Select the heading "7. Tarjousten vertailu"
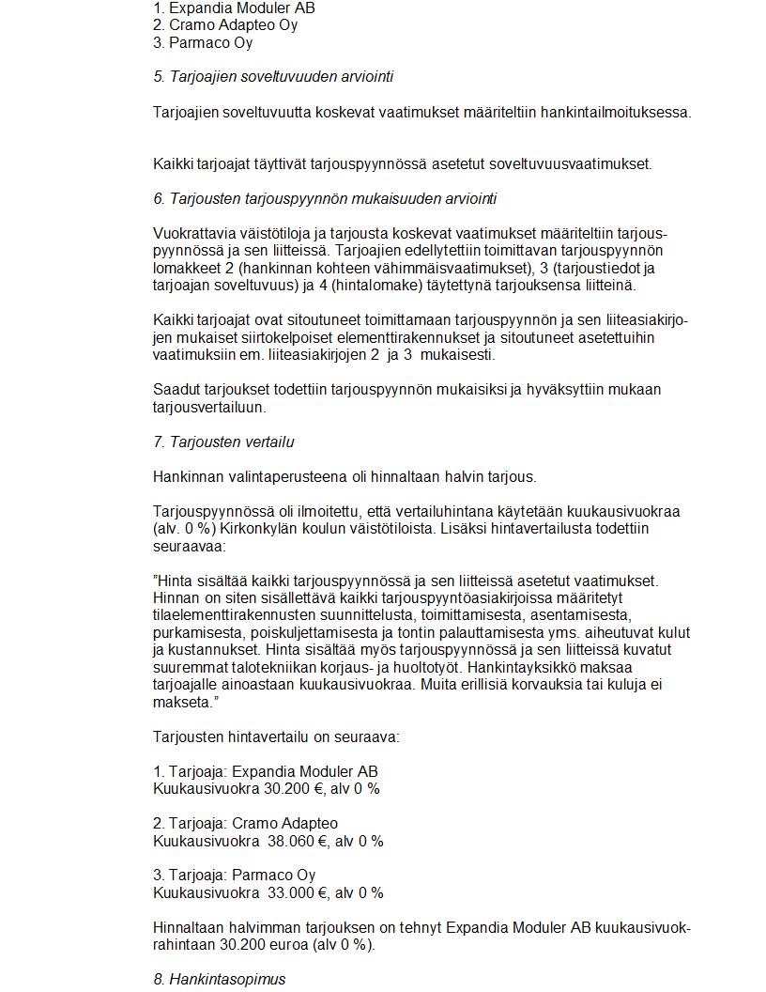224,442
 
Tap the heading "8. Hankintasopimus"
220,980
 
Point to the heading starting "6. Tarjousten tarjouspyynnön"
325,199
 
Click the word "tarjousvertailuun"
210,408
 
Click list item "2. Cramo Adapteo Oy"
225,25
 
